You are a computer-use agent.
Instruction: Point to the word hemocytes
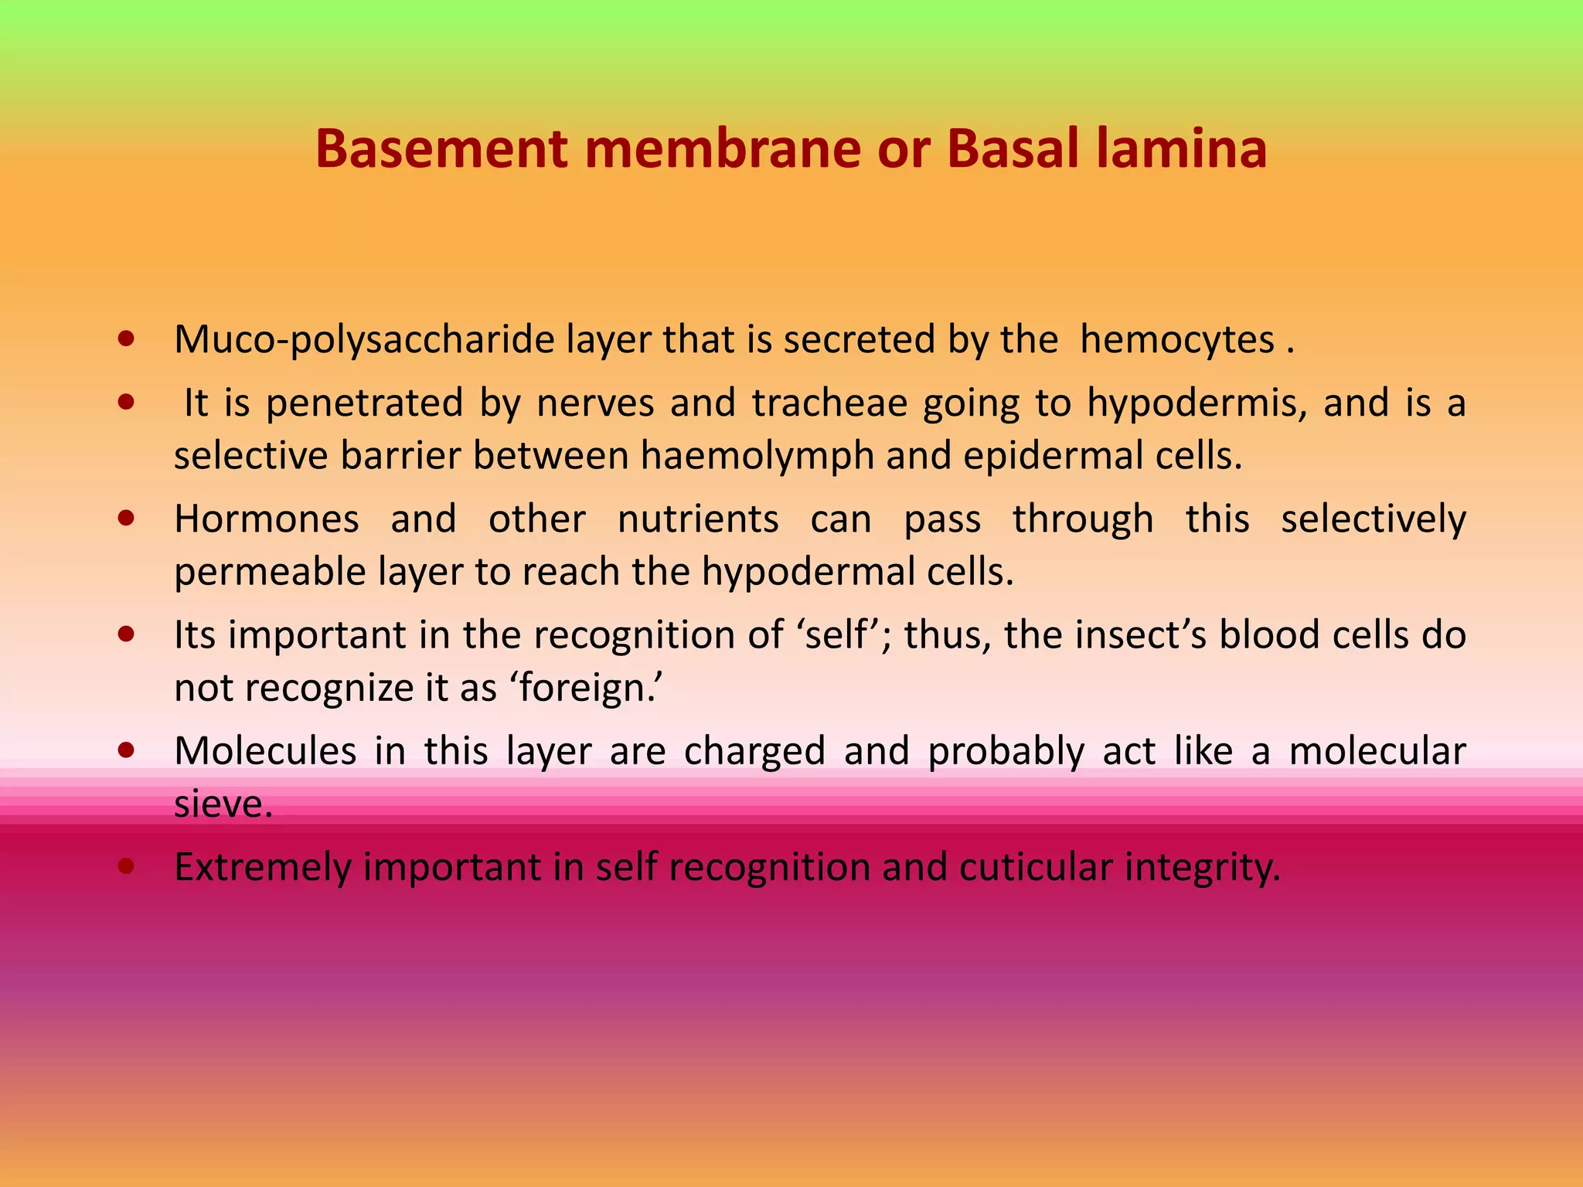1176,340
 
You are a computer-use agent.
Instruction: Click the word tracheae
829,403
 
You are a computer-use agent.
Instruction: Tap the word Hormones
267,519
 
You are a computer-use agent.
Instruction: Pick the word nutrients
698,519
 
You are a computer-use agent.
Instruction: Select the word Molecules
265,751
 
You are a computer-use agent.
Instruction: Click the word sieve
223,804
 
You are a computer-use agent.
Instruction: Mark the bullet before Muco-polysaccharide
127,338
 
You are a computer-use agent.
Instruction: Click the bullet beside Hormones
127,518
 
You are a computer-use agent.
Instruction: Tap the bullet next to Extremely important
127,866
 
